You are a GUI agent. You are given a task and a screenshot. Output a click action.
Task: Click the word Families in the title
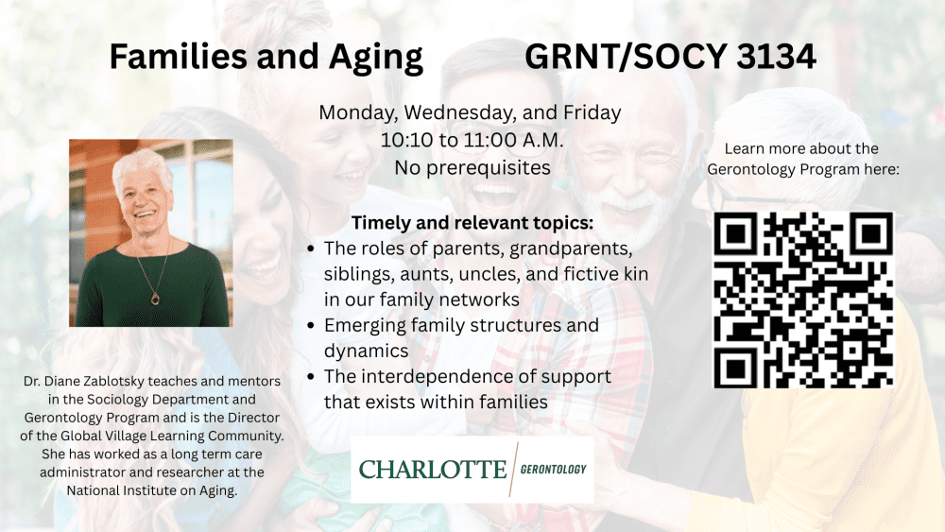tap(179, 57)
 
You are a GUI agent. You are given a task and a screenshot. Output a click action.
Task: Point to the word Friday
tap(592, 112)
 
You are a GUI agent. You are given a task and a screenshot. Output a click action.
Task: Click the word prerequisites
tap(489, 168)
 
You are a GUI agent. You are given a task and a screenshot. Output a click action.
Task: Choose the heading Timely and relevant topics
tap(472, 223)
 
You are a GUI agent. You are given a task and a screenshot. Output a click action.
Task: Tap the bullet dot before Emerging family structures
tap(311, 325)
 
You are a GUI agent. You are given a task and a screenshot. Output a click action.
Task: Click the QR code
tap(803, 300)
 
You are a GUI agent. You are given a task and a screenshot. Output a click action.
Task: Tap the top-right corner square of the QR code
tap(871, 233)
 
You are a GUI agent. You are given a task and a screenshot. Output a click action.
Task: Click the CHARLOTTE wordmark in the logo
tap(433, 470)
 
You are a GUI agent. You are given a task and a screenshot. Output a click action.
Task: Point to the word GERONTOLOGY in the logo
tap(553, 470)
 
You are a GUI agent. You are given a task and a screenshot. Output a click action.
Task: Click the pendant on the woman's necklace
tap(156, 298)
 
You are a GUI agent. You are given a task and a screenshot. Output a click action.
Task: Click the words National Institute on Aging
tap(152, 490)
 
